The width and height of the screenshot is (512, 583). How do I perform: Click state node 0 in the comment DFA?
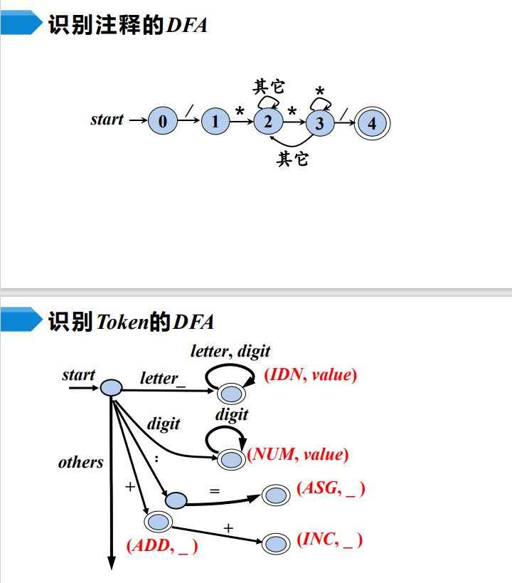tap(163, 122)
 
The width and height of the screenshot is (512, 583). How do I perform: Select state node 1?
tap(215, 122)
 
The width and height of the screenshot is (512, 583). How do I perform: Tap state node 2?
tap(268, 121)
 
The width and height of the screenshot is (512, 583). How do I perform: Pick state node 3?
tap(320, 122)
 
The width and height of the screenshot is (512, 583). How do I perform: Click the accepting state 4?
tap(372, 122)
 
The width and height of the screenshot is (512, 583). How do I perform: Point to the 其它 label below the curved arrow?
tap(293, 158)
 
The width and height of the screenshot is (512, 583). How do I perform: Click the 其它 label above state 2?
tap(269, 87)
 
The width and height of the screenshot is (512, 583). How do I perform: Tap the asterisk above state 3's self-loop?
tap(320, 92)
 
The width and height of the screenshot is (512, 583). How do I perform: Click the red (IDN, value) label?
tap(310, 375)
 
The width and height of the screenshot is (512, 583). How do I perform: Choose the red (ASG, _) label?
tap(331, 488)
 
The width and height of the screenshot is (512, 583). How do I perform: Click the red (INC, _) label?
tap(329, 540)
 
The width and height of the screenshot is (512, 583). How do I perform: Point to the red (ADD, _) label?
tap(162, 547)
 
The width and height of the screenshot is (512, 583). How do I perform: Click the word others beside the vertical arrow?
tap(80, 463)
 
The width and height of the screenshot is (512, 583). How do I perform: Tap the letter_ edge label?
tap(162, 379)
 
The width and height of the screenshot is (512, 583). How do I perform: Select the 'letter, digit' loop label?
tap(230, 351)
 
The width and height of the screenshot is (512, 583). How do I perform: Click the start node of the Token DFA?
tap(112, 387)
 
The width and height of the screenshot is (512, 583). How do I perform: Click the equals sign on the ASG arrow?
tap(215, 491)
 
